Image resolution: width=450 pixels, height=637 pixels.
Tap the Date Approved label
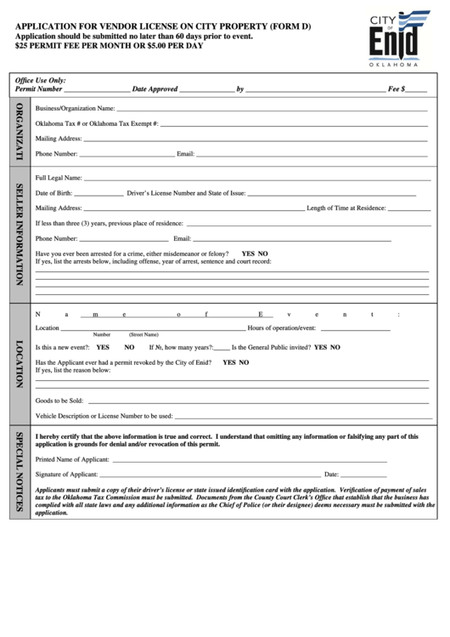(155, 88)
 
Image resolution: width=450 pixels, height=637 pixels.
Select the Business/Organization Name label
(75, 109)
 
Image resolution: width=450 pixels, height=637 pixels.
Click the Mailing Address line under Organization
(255, 139)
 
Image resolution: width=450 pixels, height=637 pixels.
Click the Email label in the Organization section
(185, 154)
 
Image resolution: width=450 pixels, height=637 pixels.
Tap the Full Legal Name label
(59, 178)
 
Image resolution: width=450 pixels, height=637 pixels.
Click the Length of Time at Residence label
(346, 208)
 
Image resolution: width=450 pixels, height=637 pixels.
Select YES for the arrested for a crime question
(248, 253)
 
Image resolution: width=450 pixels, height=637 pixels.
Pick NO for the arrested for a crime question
(263, 253)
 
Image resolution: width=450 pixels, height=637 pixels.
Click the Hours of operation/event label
(281, 327)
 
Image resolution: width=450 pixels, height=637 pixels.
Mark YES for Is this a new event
(103, 347)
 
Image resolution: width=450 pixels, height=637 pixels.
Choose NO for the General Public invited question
(335, 347)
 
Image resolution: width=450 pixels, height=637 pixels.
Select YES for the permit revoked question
(229, 361)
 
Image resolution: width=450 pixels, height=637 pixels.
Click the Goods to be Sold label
(59, 400)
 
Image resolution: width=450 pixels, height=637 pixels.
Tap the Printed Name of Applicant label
(72, 458)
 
